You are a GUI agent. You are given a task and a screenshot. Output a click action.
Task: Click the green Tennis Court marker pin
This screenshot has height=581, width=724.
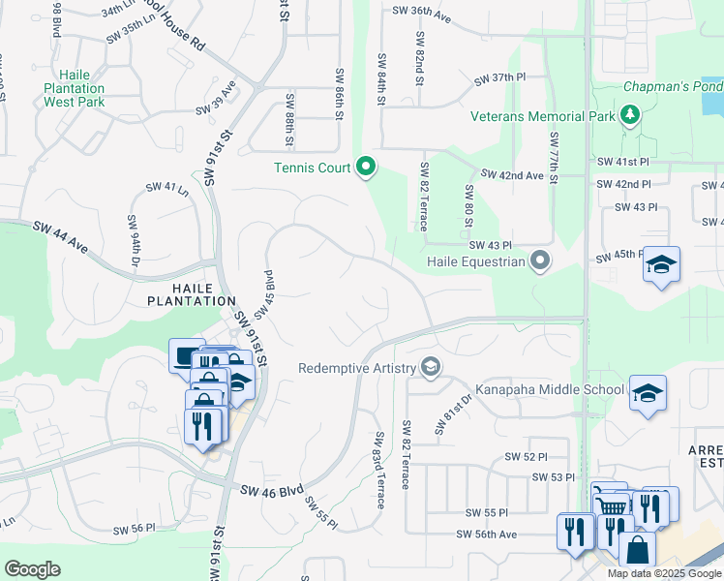pyautogui.click(x=366, y=168)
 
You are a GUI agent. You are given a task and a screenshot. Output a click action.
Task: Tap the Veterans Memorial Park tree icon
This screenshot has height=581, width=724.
pyautogui.click(x=631, y=117)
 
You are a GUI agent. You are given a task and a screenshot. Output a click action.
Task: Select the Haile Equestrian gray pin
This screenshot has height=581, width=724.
pyautogui.click(x=541, y=260)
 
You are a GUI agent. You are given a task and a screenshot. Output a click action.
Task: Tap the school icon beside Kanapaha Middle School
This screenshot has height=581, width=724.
pyautogui.click(x=648, y=394)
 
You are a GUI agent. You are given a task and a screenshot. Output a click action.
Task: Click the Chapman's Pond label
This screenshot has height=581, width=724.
pyautogui.click(x=672, y=86)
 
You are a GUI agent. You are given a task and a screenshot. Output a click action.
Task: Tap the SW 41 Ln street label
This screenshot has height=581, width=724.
pyautogui.click(x=166, y=188)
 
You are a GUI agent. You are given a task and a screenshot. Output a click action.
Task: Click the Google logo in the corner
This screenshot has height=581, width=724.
pyautogui.click(x=32, y=569)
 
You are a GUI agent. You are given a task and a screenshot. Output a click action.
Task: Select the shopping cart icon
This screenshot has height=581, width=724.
pyautogui.click(x=610, y=505)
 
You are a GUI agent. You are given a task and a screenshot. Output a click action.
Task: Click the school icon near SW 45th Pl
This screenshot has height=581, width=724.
pyautogui.click(x=661, y=265)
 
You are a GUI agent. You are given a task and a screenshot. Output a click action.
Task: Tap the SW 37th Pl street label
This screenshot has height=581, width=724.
pyautogui.click(x=499, y=78)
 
